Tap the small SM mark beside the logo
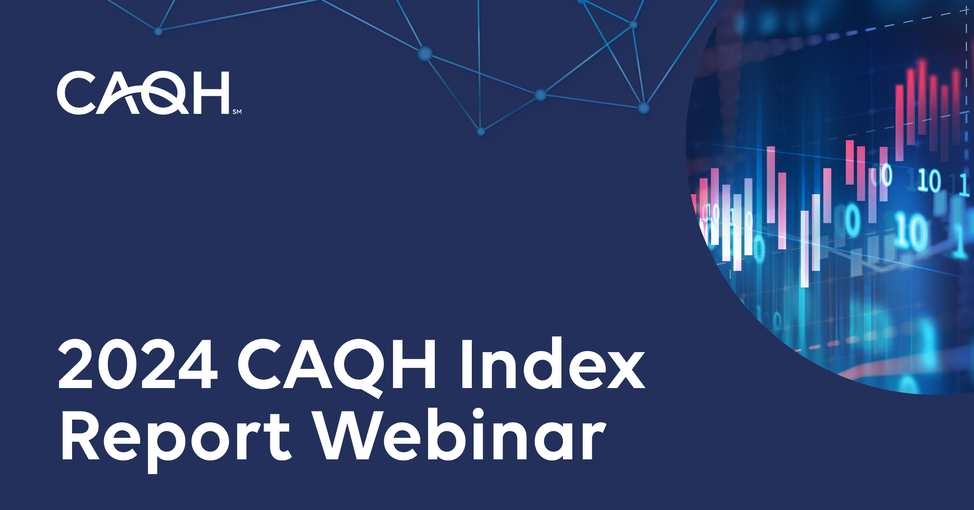click(x=237, y=112)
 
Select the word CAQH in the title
click(x=337, y=364)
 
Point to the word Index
click(x=553, y=364)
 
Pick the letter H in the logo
click(x=211, y=93)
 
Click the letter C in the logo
click(x=76, y=93)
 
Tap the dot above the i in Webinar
click(x=478, y=413)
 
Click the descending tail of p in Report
click(x=152, y=466)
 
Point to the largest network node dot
click(x=425, y=53)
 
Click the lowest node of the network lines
click(x=481, y=132)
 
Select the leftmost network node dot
click(x=158, y=31)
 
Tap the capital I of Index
click(x=467, y=364)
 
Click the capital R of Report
click(x=80, y=436)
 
